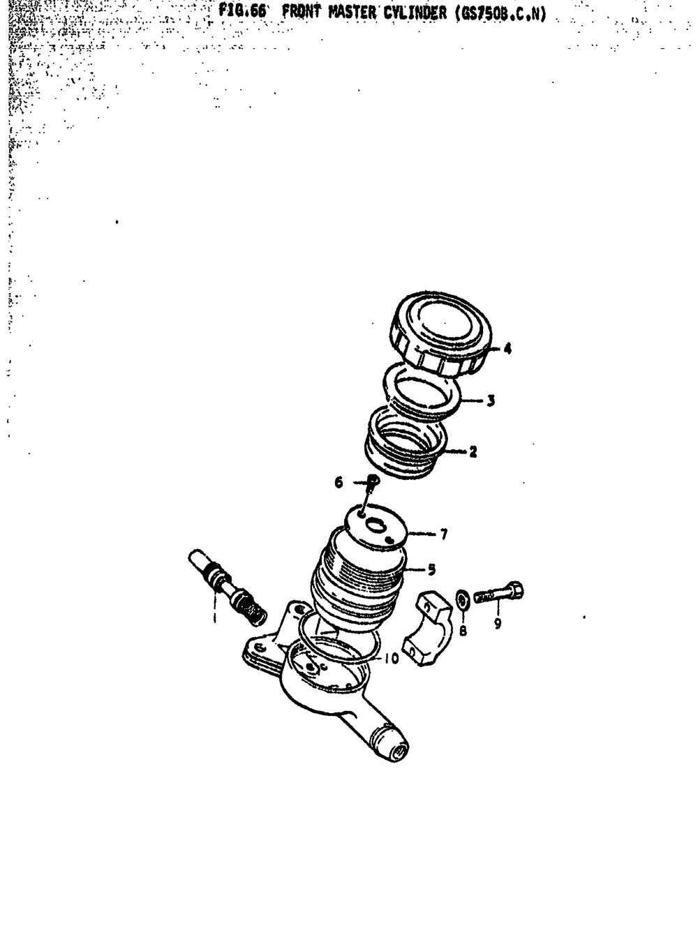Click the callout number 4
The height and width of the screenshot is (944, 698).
(x=507, y=349)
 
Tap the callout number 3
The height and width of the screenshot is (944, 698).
(x=491, y=400)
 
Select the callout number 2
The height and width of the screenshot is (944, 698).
(x=473, y=451)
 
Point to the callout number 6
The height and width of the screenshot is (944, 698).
(x=339, y=483)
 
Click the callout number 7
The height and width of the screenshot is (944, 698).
(x=444, y=534)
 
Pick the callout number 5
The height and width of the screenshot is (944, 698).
(x=431, y=569)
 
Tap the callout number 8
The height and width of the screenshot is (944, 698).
(x=463, y=630)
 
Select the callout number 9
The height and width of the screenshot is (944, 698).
(x=498, y=624)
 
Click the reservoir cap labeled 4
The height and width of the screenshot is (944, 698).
(x=441, y=334)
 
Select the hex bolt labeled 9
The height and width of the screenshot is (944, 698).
(x=498, y=592)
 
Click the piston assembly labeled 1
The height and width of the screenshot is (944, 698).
(x=228, y=587)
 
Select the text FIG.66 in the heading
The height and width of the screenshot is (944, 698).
(x=242, y=12)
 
